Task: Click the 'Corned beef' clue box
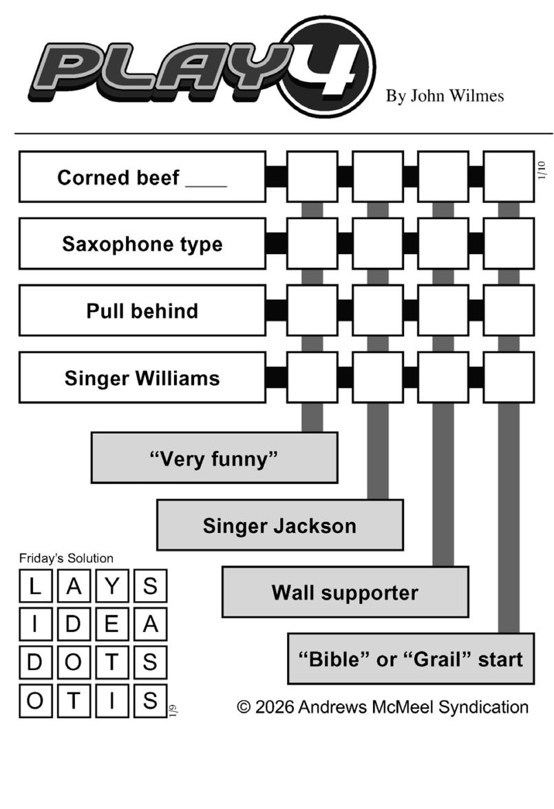pyautogui.click(x=142, y=177)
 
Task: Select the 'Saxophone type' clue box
pyautogui.click(x=142, y=244)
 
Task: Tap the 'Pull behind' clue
pyautogui.click(x=142, y=311)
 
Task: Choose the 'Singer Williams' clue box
pyautogui.click(x=142, y=378)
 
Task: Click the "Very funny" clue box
pyautogui.click(x=214, y=458)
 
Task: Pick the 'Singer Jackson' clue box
pyautogui.click(x=279, y=525)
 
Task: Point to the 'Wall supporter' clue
pyautogui.click(x=345, y=592)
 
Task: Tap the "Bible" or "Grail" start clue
pyautogui.click(x=411, y=659)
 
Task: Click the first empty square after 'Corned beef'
pyautogui.click(x=312, y=177)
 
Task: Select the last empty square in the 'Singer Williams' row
pyautogui.click(x=509, y=377)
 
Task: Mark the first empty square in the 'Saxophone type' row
pyautogui.click(x=312, y=244)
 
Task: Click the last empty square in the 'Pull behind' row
pyautogui.click(x=509, y=311)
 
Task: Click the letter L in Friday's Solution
pyautogui.click(x=35, y=587)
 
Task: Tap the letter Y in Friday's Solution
pyautogui.click(x=112, y=587)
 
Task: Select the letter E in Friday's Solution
pyautogui.click(x=112, y=624)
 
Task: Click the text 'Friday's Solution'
pyautogui.click(x=66, y=558)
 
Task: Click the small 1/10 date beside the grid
pyautogui.click(x=541, y=170)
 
